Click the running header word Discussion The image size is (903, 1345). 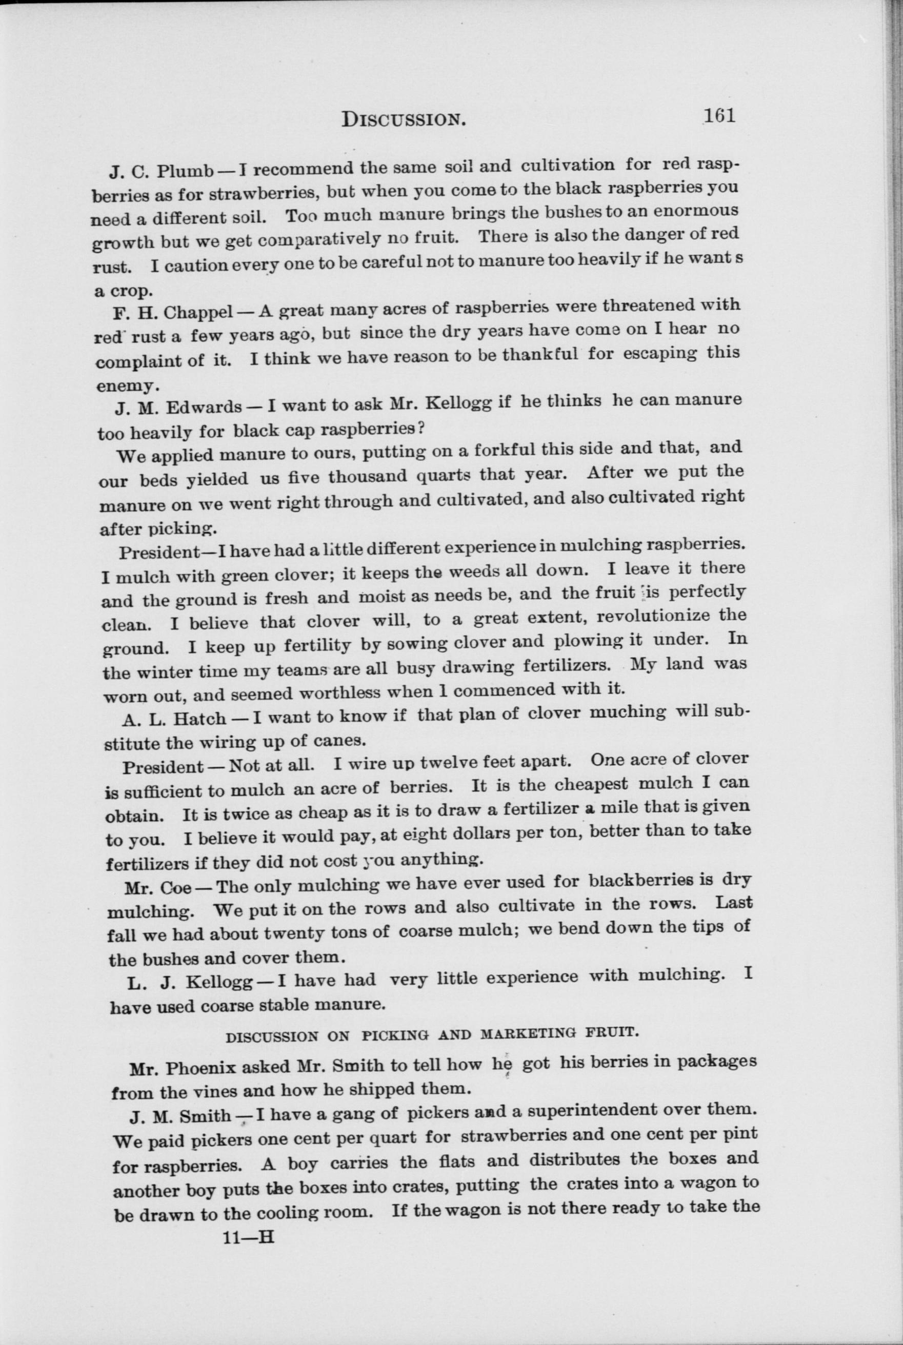[x=403, y=119]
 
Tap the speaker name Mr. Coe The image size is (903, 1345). [x=158, y=888]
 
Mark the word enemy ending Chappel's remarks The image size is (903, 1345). [x=124, y=385]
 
